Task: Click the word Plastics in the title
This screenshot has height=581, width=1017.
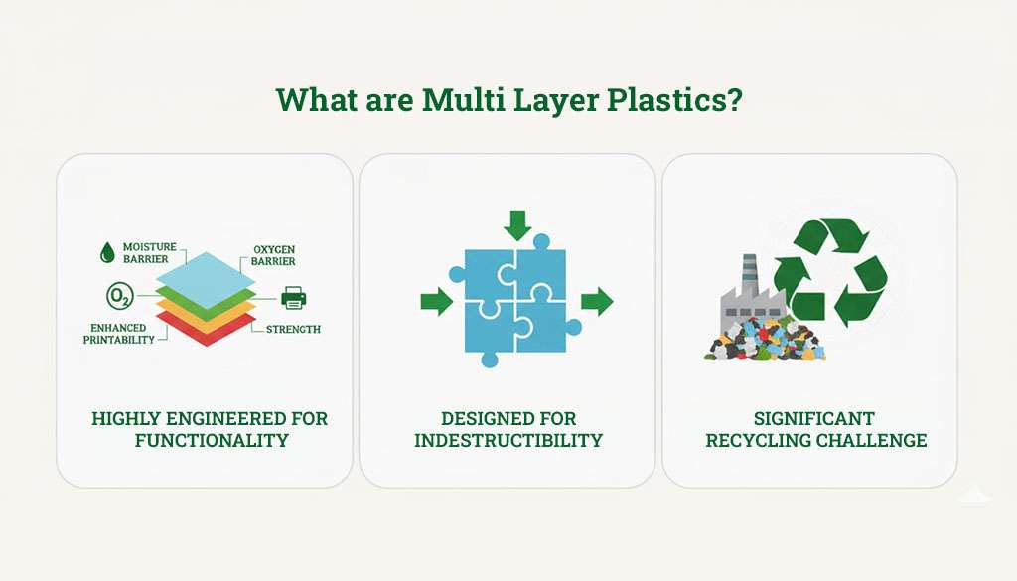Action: click(677, 101)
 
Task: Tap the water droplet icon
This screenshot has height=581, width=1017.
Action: click(106, 253)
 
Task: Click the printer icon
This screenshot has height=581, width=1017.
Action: click(294, 296)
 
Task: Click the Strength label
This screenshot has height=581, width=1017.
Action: click(293, 329)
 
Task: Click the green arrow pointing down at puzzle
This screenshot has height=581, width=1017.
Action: click(516, 223)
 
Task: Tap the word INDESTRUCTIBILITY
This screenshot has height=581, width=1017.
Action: click(508, 440)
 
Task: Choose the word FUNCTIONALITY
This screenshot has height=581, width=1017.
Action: click(212, 440)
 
